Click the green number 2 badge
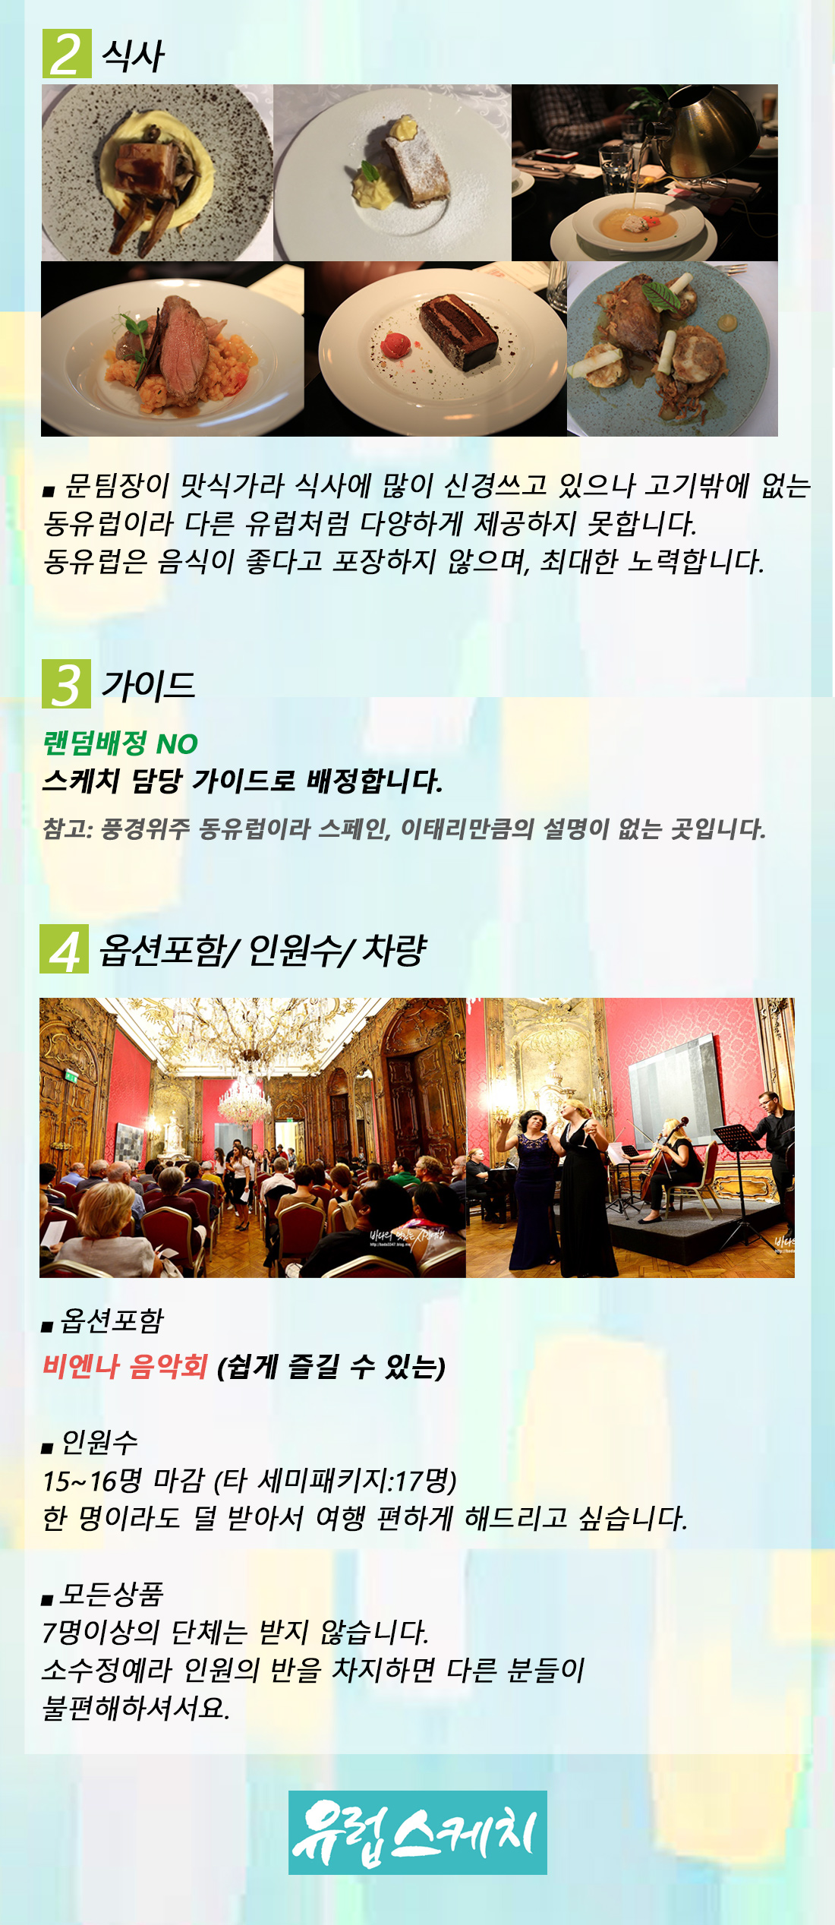[67, 53]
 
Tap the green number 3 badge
[66, 684]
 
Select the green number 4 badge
[64, 948]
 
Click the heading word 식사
[132, 55]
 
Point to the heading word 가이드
[149, 685]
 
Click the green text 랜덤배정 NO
[120, 743]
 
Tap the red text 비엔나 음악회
[124, 1366]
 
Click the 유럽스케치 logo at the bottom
[417, 1832]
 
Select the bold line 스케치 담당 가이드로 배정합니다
[243, 781]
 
